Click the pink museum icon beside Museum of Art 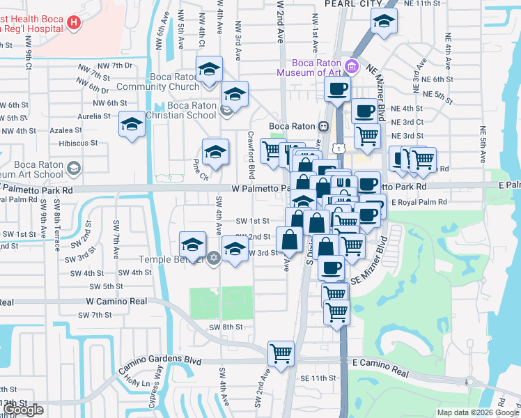[x=352, y=67]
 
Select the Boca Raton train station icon [x=324, y=126]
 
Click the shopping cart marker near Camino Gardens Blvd [x=281, y=353]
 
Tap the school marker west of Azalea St [x=130, y=125]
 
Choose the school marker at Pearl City [x=382, y=22]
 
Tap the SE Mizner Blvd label [x=371, y=265]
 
